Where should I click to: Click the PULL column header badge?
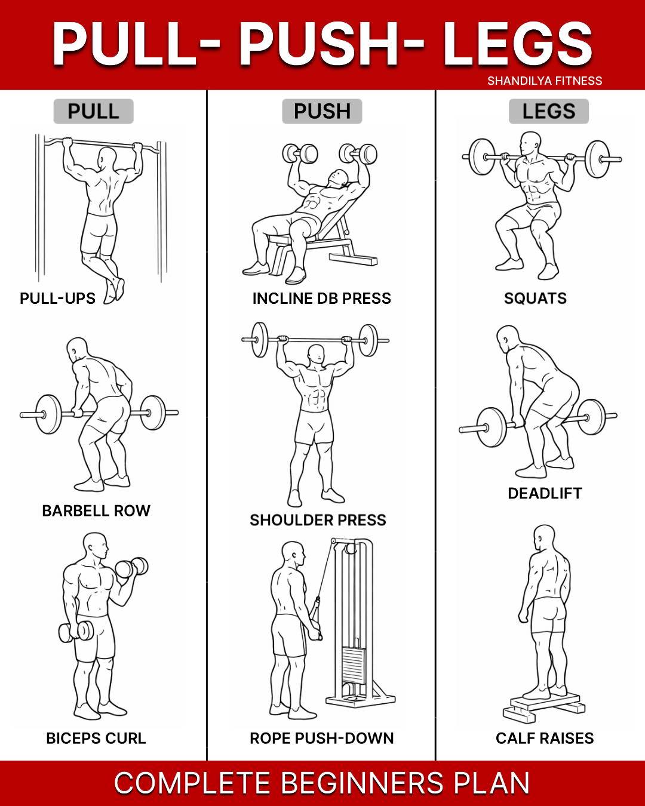pos(93,111)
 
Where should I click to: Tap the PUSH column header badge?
pos(322,111)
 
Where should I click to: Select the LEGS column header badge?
pos(549,111)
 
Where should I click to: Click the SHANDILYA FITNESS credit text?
pos(545,81)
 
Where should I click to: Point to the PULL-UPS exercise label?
pos(57,299)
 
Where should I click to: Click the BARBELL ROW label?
pos(96,510)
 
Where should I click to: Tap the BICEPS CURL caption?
pos(96,738)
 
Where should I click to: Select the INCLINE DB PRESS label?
pos(321,299)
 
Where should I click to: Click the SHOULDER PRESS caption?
pos(318,520)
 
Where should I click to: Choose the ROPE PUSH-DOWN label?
pos(321,738)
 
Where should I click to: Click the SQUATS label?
pos(535,299)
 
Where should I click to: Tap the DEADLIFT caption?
pos(545,493)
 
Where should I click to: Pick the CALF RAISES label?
pos(545,738)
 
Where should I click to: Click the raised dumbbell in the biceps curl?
pos(131,568)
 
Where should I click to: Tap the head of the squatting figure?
pos(530,143)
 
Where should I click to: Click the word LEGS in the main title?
pos(518,44)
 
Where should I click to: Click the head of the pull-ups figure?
pos(106,159)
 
